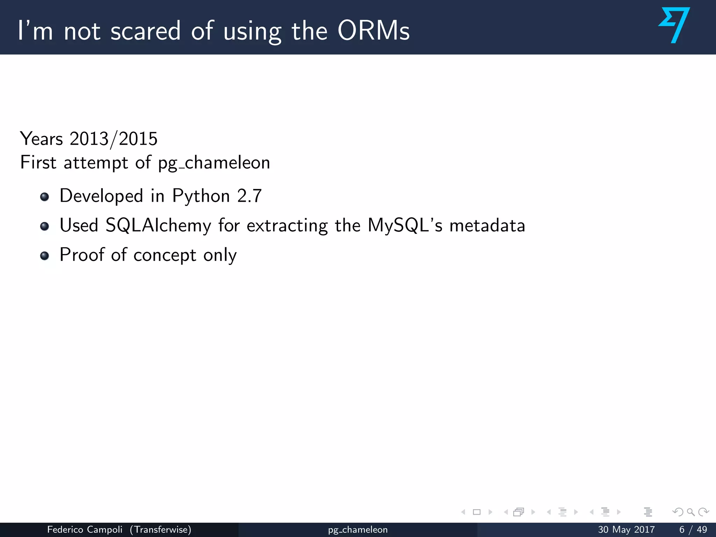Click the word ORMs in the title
pos(373,31)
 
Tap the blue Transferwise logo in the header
pos(674,25)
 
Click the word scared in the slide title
pos(145,31)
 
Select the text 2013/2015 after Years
pos(113,139)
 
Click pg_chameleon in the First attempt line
pos(214,163)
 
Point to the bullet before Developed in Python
pos(44,197)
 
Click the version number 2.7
pos(249,196)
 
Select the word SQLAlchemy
pos(158,225)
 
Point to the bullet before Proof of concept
pos(44,256)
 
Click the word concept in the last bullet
pos(165,255)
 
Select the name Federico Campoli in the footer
pos(85,530)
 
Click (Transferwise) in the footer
pos(160,530)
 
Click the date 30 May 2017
pos(626,530)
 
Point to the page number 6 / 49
pos(693,530)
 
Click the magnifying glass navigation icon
pos(690,512)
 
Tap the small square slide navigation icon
pos(477,512)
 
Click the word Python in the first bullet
pos(201,196)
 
